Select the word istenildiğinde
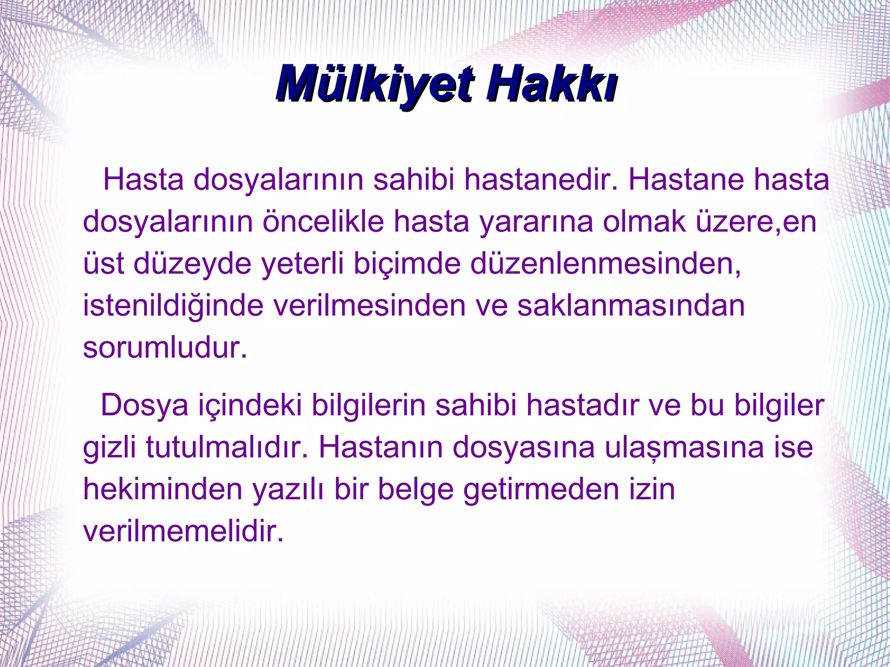click(173, 305)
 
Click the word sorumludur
click(165, 347)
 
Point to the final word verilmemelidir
click(183, 531)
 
